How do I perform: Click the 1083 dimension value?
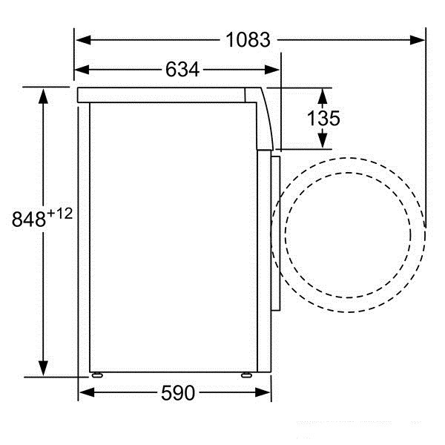point(248,39)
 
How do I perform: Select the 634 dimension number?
point(182,70)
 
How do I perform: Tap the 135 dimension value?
point(323,118)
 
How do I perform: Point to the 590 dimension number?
point(177,392)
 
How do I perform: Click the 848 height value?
point(28,220)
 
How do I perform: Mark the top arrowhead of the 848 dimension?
point(44,96)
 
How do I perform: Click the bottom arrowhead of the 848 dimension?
point(44,368)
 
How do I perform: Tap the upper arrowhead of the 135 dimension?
point(323,95)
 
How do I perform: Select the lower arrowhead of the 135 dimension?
point(323,140)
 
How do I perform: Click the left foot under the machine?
point(96,374)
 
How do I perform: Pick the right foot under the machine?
point(244,374)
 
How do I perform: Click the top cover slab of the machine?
point(163,95)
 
